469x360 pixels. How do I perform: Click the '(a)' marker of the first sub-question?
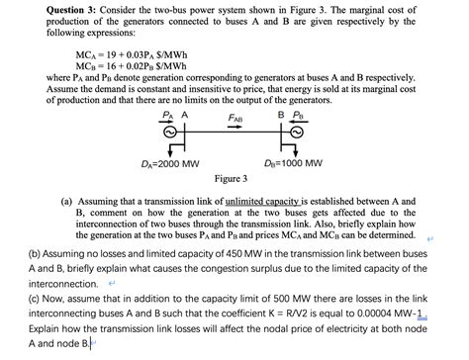click(68, 200)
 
